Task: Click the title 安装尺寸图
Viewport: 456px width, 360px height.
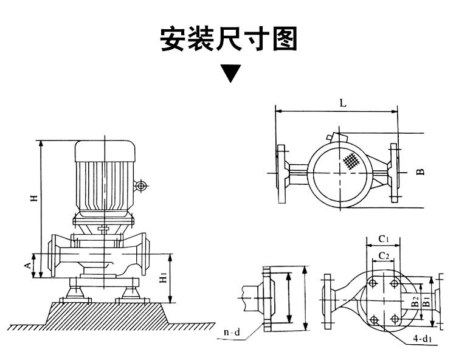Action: (x=229, y=39)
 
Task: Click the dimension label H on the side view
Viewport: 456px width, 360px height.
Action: (x=35, y=198)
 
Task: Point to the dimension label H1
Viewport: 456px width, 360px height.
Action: (x=163, y=279)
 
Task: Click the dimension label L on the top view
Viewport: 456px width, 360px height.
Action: (x=343, y=103)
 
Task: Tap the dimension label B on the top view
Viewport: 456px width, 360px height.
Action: (x=420, y=172)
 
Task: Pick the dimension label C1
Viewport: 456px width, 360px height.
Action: (x=384, y=238)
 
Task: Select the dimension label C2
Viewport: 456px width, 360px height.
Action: (x=384, y=254)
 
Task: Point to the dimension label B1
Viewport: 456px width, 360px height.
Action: (x=426, y=300)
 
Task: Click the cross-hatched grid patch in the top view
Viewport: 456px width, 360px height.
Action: (x=350, y=162)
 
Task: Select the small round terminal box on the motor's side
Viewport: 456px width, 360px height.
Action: (x=141, y=186)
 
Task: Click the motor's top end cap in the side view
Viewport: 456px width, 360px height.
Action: (x=105, y=150)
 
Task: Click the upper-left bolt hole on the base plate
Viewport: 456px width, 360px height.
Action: (x=372, y=283)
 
